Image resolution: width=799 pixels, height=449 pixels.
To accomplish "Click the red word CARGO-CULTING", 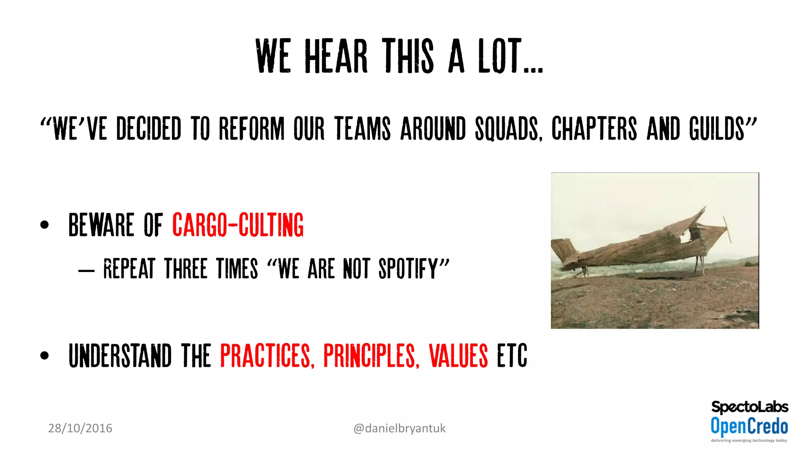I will (x=238, y=225).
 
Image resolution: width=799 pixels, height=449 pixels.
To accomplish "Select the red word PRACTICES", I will (x=267, y=355).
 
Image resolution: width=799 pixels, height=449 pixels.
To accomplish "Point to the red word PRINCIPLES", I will (x=371, y=355).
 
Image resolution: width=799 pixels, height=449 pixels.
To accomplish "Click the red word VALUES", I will (x=458, y=355).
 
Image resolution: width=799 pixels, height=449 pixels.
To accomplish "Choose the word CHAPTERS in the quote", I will (x=594, y=128).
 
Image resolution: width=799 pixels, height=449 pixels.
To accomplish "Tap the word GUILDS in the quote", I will (x=717, y=128).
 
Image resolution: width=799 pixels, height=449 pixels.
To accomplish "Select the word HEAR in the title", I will (x=336, y=57).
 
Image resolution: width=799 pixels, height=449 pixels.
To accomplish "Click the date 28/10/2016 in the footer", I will (x=80, y=428).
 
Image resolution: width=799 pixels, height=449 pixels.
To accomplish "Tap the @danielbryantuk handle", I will (x=399, y=428).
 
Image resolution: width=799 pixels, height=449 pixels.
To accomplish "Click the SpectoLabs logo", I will (x=749, y=407).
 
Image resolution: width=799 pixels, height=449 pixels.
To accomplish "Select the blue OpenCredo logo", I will (x=749, y=426).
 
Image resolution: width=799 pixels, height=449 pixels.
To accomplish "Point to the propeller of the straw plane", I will (x=727, y=230).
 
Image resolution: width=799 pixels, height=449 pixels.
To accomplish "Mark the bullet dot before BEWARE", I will (x=44, y=225).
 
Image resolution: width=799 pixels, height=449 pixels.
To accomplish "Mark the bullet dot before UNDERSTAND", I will (x=44, y=355).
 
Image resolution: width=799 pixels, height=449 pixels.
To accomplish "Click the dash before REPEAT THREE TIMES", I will (x=86, y=270).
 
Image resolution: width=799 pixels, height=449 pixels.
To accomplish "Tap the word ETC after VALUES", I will (x=512, y=355).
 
